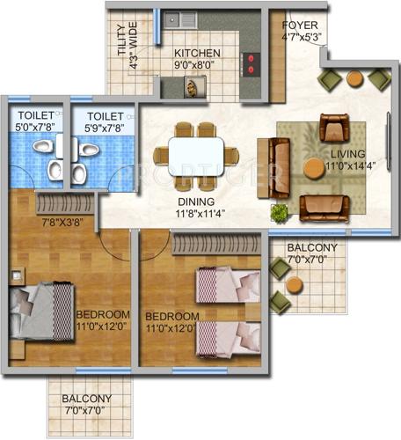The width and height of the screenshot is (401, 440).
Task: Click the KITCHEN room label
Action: (x=197, y=54)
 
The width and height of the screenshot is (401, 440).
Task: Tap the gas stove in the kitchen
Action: (x=252, y=64)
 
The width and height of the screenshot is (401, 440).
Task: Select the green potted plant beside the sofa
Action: (x=280, y=212)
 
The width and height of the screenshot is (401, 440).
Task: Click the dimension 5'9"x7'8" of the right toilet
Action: (x=104, y=128)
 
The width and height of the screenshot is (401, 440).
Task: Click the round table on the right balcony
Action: (x=294, y=284)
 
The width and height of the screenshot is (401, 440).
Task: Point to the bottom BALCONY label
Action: (x=86, y=398)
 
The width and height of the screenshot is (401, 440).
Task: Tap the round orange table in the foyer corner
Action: (x=354, y=78)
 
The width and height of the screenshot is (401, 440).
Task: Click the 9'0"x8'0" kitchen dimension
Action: (x=197, y=64)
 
